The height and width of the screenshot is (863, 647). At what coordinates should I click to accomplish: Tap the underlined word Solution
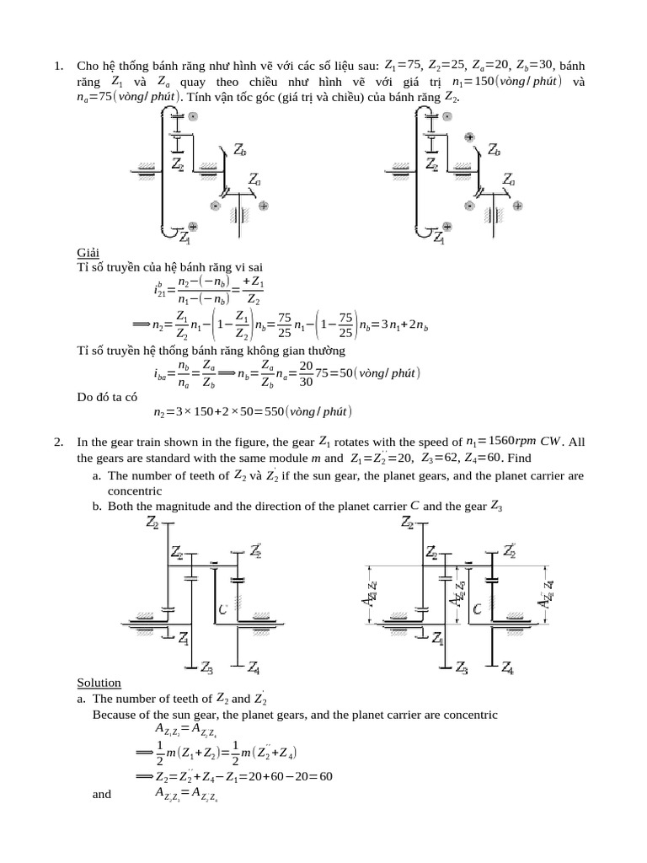99,683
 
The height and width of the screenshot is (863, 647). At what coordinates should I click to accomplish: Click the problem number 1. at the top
59,66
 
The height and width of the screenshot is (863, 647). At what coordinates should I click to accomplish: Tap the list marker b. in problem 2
97,506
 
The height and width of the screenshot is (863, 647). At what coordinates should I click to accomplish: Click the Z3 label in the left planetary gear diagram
206,668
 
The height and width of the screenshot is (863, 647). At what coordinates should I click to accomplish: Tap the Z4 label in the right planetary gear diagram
508,668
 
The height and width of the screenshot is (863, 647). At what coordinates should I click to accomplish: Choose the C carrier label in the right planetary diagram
477,608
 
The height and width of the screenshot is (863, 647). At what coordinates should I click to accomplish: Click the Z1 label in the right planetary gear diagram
437,641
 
